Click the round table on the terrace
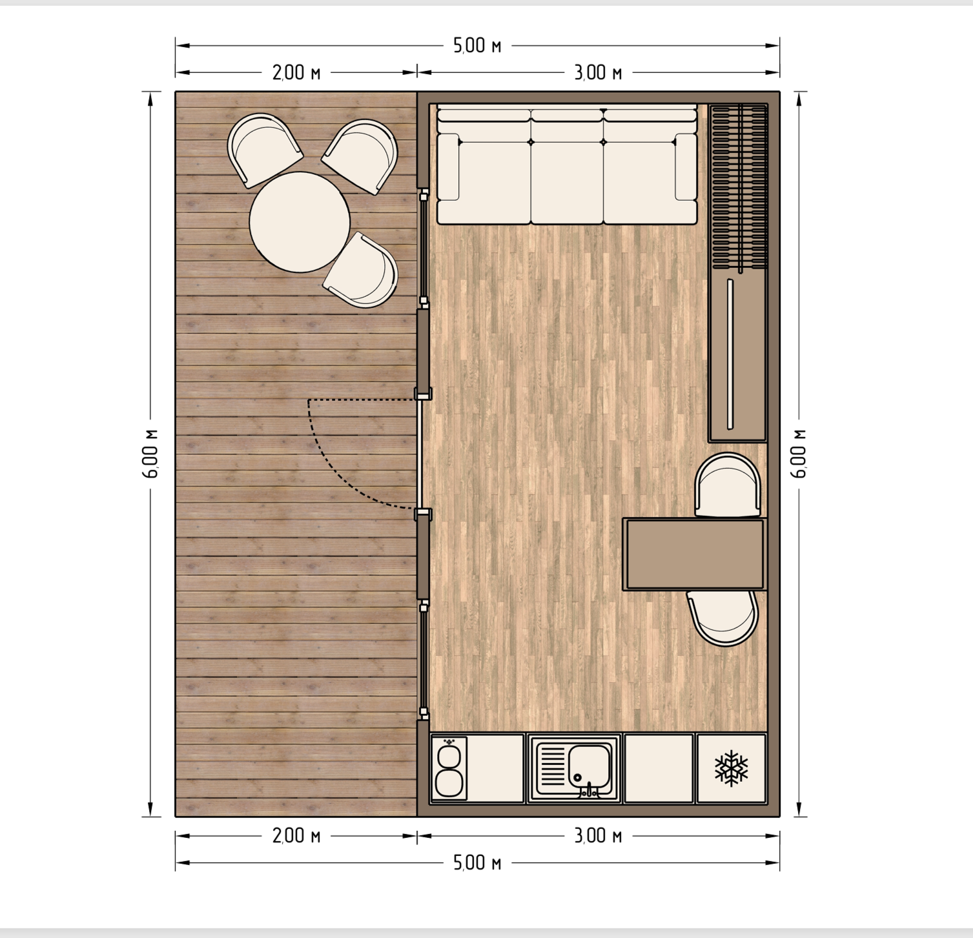(300, 222)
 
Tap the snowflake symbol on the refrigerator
(731, 768)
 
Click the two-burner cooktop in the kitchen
(449, 768)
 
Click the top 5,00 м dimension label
(477, 46)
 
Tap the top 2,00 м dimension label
(296, 72)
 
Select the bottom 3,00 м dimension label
(599, 836)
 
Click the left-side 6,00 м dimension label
(151, 453)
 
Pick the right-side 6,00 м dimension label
(799, 453)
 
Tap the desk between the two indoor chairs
(695, 554)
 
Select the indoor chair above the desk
(728, 484)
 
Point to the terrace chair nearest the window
(361, 270)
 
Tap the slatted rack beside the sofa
(739, 187)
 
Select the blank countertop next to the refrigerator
(659, 768)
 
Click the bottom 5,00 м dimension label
(477, 863)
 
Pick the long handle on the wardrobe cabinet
(730, 354)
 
